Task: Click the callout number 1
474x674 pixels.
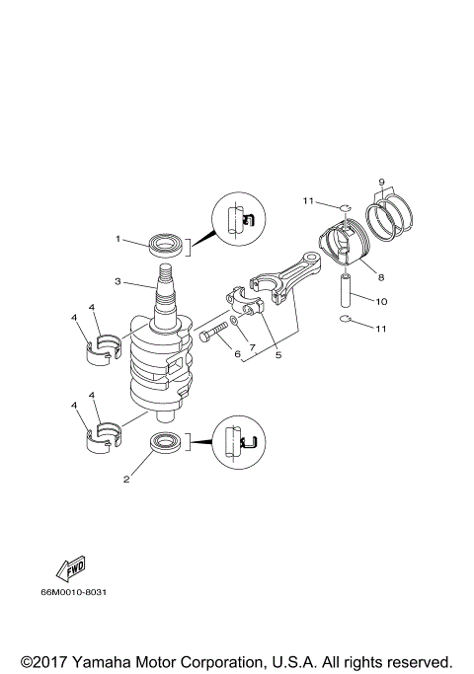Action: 118,238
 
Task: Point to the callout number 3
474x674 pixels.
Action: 118,281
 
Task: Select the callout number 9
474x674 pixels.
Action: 380,181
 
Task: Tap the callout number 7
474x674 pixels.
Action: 253,347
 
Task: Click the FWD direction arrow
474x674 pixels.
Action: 73,568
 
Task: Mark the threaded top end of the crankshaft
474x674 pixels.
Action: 165,264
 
